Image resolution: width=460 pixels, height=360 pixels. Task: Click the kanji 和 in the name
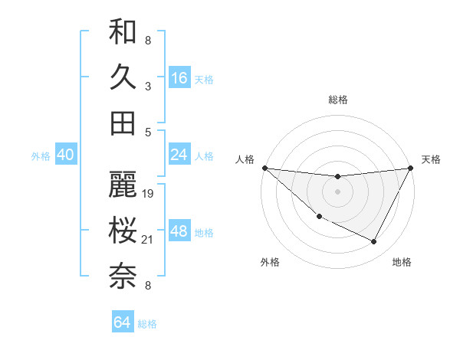[123, 33]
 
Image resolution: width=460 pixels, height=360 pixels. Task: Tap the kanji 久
[123, 77]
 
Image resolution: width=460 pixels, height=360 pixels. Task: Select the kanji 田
[123, 123]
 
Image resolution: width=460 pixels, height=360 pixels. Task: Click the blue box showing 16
[179, 77]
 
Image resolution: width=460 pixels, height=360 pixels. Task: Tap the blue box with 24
[179, 155]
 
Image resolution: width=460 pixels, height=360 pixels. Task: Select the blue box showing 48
[179, 231]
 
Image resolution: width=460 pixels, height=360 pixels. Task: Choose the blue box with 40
[65, 155]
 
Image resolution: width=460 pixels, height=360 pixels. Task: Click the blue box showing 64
[122, 322]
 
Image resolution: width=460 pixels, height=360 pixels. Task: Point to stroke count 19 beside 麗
[149, 193]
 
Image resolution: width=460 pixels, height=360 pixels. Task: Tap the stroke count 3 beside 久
[147, 86]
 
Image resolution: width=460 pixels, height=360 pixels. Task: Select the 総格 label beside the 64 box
[147, 324]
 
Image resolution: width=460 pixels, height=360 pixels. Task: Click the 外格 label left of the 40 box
[41, 156]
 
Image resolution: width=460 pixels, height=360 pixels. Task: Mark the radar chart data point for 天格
[411, 168]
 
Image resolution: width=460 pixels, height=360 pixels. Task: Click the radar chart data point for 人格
[264, 168]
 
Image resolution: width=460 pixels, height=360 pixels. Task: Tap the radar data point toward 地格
[374, 242]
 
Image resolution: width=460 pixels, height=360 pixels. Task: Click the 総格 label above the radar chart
[338, 100]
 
